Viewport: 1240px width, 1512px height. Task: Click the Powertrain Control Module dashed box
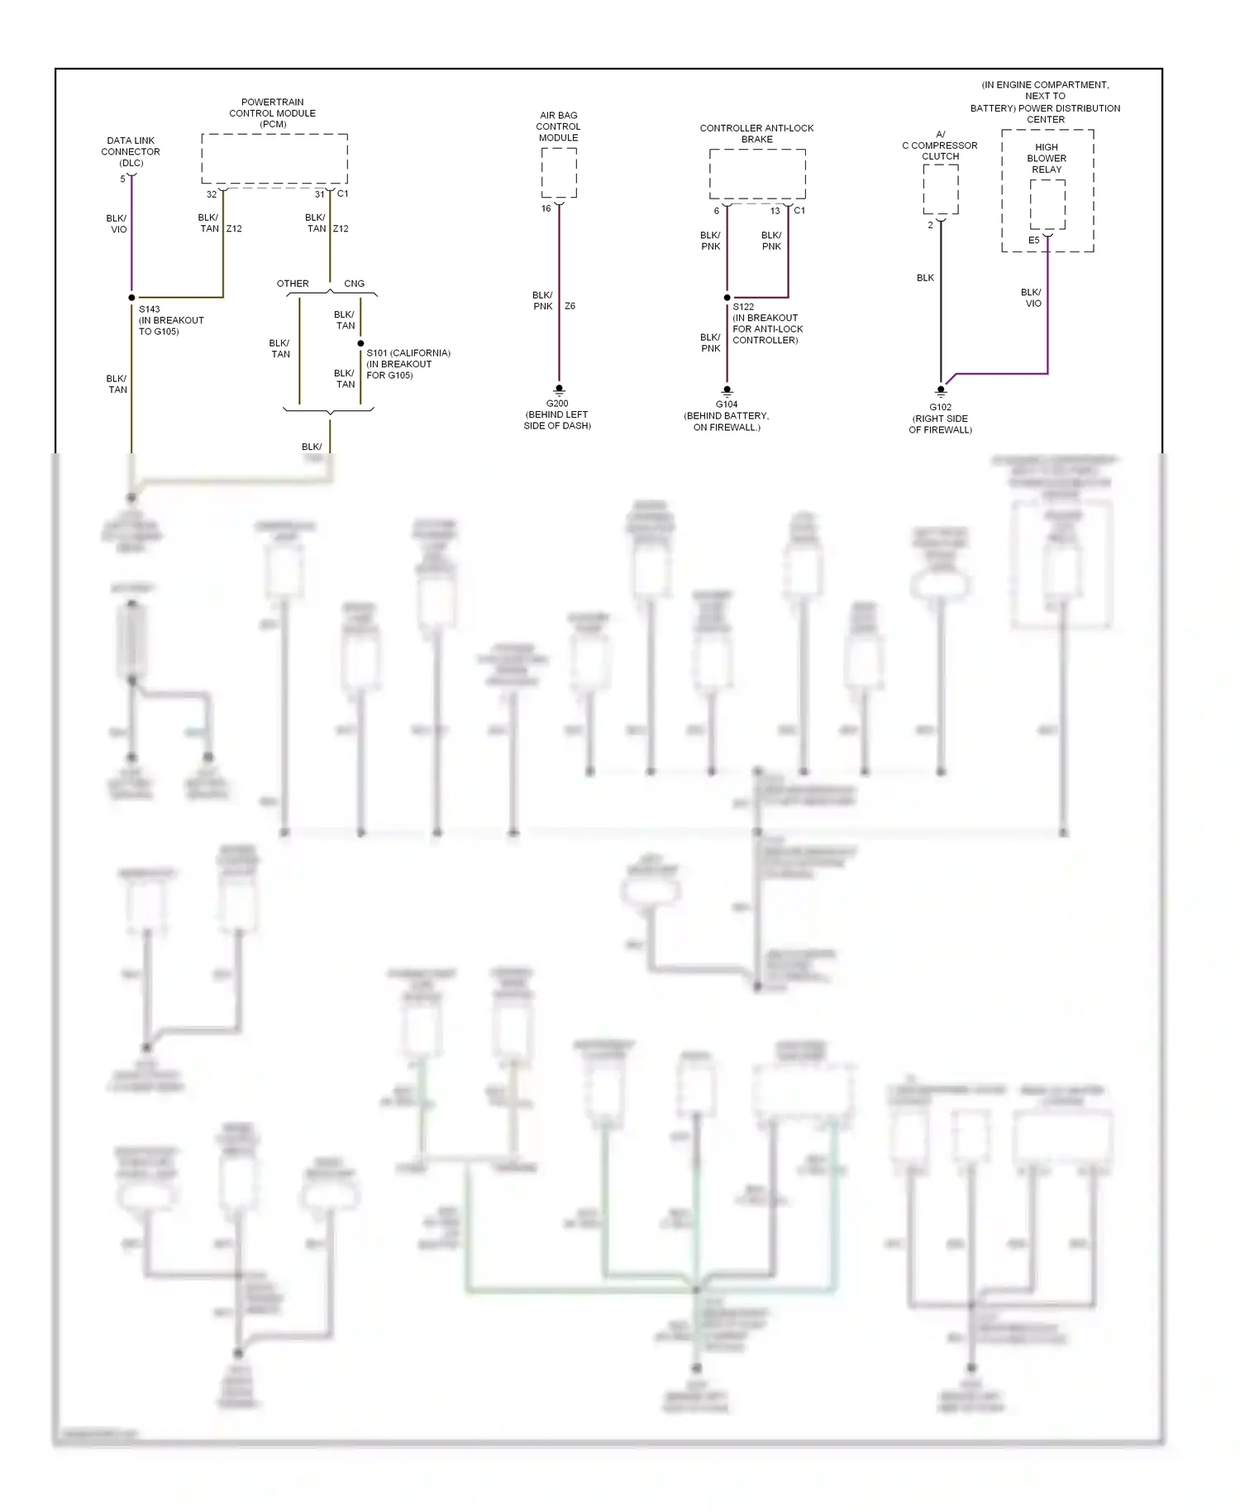(x=274, y=159)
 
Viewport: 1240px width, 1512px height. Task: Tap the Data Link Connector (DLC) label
(x=131, y=151)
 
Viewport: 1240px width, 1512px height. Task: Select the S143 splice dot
(x=131, y=298)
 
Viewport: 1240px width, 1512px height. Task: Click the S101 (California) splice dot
(x=360, y=343)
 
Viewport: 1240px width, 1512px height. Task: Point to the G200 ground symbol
(x=559, y=390)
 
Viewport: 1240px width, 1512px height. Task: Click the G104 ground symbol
(x=727, y=390)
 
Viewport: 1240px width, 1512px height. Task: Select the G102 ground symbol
(x=940, y=391)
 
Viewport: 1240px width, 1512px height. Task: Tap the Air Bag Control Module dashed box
(x=559, y=173)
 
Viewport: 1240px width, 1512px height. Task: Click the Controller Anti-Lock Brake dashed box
(x=757, y=174)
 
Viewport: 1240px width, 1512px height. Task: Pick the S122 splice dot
(x=727, y=298)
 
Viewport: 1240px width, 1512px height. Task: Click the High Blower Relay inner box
(x=1047, y=204)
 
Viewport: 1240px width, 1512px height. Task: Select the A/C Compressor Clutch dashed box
(x=941, y=189)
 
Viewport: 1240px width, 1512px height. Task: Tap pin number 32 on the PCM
(x=212, y=194)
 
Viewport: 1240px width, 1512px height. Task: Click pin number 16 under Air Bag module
(x=546, y=208)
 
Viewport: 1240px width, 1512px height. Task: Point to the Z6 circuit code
(x=570, y=306)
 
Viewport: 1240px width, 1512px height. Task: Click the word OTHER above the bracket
(x=293, y=284)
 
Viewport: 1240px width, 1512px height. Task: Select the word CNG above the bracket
(x=354, y=284)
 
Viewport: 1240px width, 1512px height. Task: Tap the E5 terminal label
(x=1033, y=241)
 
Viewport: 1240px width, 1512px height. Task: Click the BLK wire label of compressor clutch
(x=925, y=278)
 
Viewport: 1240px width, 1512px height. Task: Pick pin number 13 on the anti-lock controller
(x=775, y=211)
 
